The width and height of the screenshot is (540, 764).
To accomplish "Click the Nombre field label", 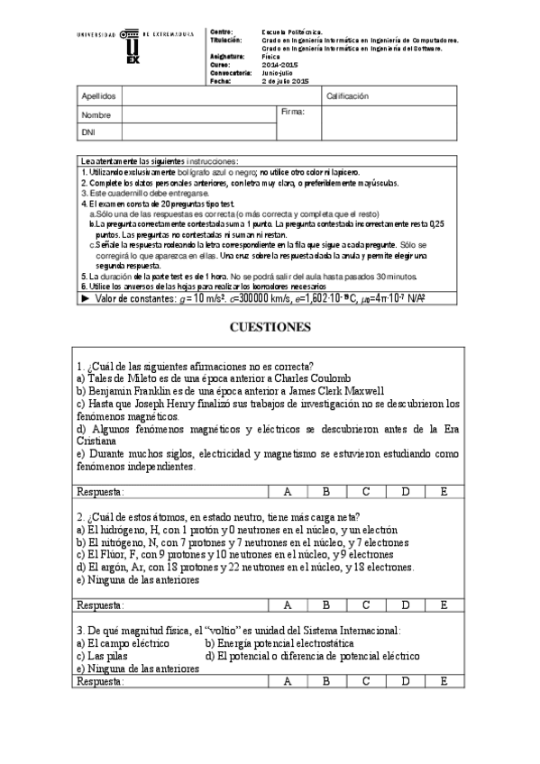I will click(x=96, y=115).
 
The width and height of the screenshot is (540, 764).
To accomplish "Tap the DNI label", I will click(x=88, y=132).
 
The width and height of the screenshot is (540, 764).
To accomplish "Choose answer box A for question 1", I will click(x=288, y=492).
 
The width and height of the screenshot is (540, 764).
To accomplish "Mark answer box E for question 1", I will click(x=444, y=492).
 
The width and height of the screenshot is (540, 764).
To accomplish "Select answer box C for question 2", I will click(x=366, y=605).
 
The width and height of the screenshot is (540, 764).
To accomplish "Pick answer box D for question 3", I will click(x=406, y=682).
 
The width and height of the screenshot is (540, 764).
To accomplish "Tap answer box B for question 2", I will click(x=327, y=605).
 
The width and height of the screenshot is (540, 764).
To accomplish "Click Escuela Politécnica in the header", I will click(x=295, y=32).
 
